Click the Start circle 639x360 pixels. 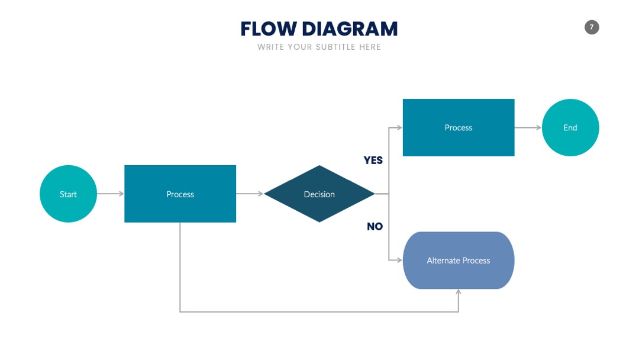[68, 194]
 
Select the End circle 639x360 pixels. [570, 128]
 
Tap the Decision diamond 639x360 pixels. [319, 194]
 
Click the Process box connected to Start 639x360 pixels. [180, 194]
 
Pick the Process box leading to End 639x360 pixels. [459, 128]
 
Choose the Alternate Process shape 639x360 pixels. [459, 261]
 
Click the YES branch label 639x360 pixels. [373, 160]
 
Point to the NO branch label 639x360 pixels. [375, 226]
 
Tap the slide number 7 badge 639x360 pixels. [592, 27]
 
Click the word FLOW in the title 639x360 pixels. [269, 29]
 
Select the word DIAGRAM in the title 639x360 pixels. [350, 29]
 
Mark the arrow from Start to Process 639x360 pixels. [111, 194]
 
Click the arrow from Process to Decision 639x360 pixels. [250, 194]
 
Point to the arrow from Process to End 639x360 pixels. [528, 128]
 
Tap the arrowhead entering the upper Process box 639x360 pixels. [400, 128]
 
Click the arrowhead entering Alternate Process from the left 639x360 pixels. [400, 260]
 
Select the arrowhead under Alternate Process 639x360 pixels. [459, 292]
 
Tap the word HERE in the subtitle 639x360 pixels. [370, 47]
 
